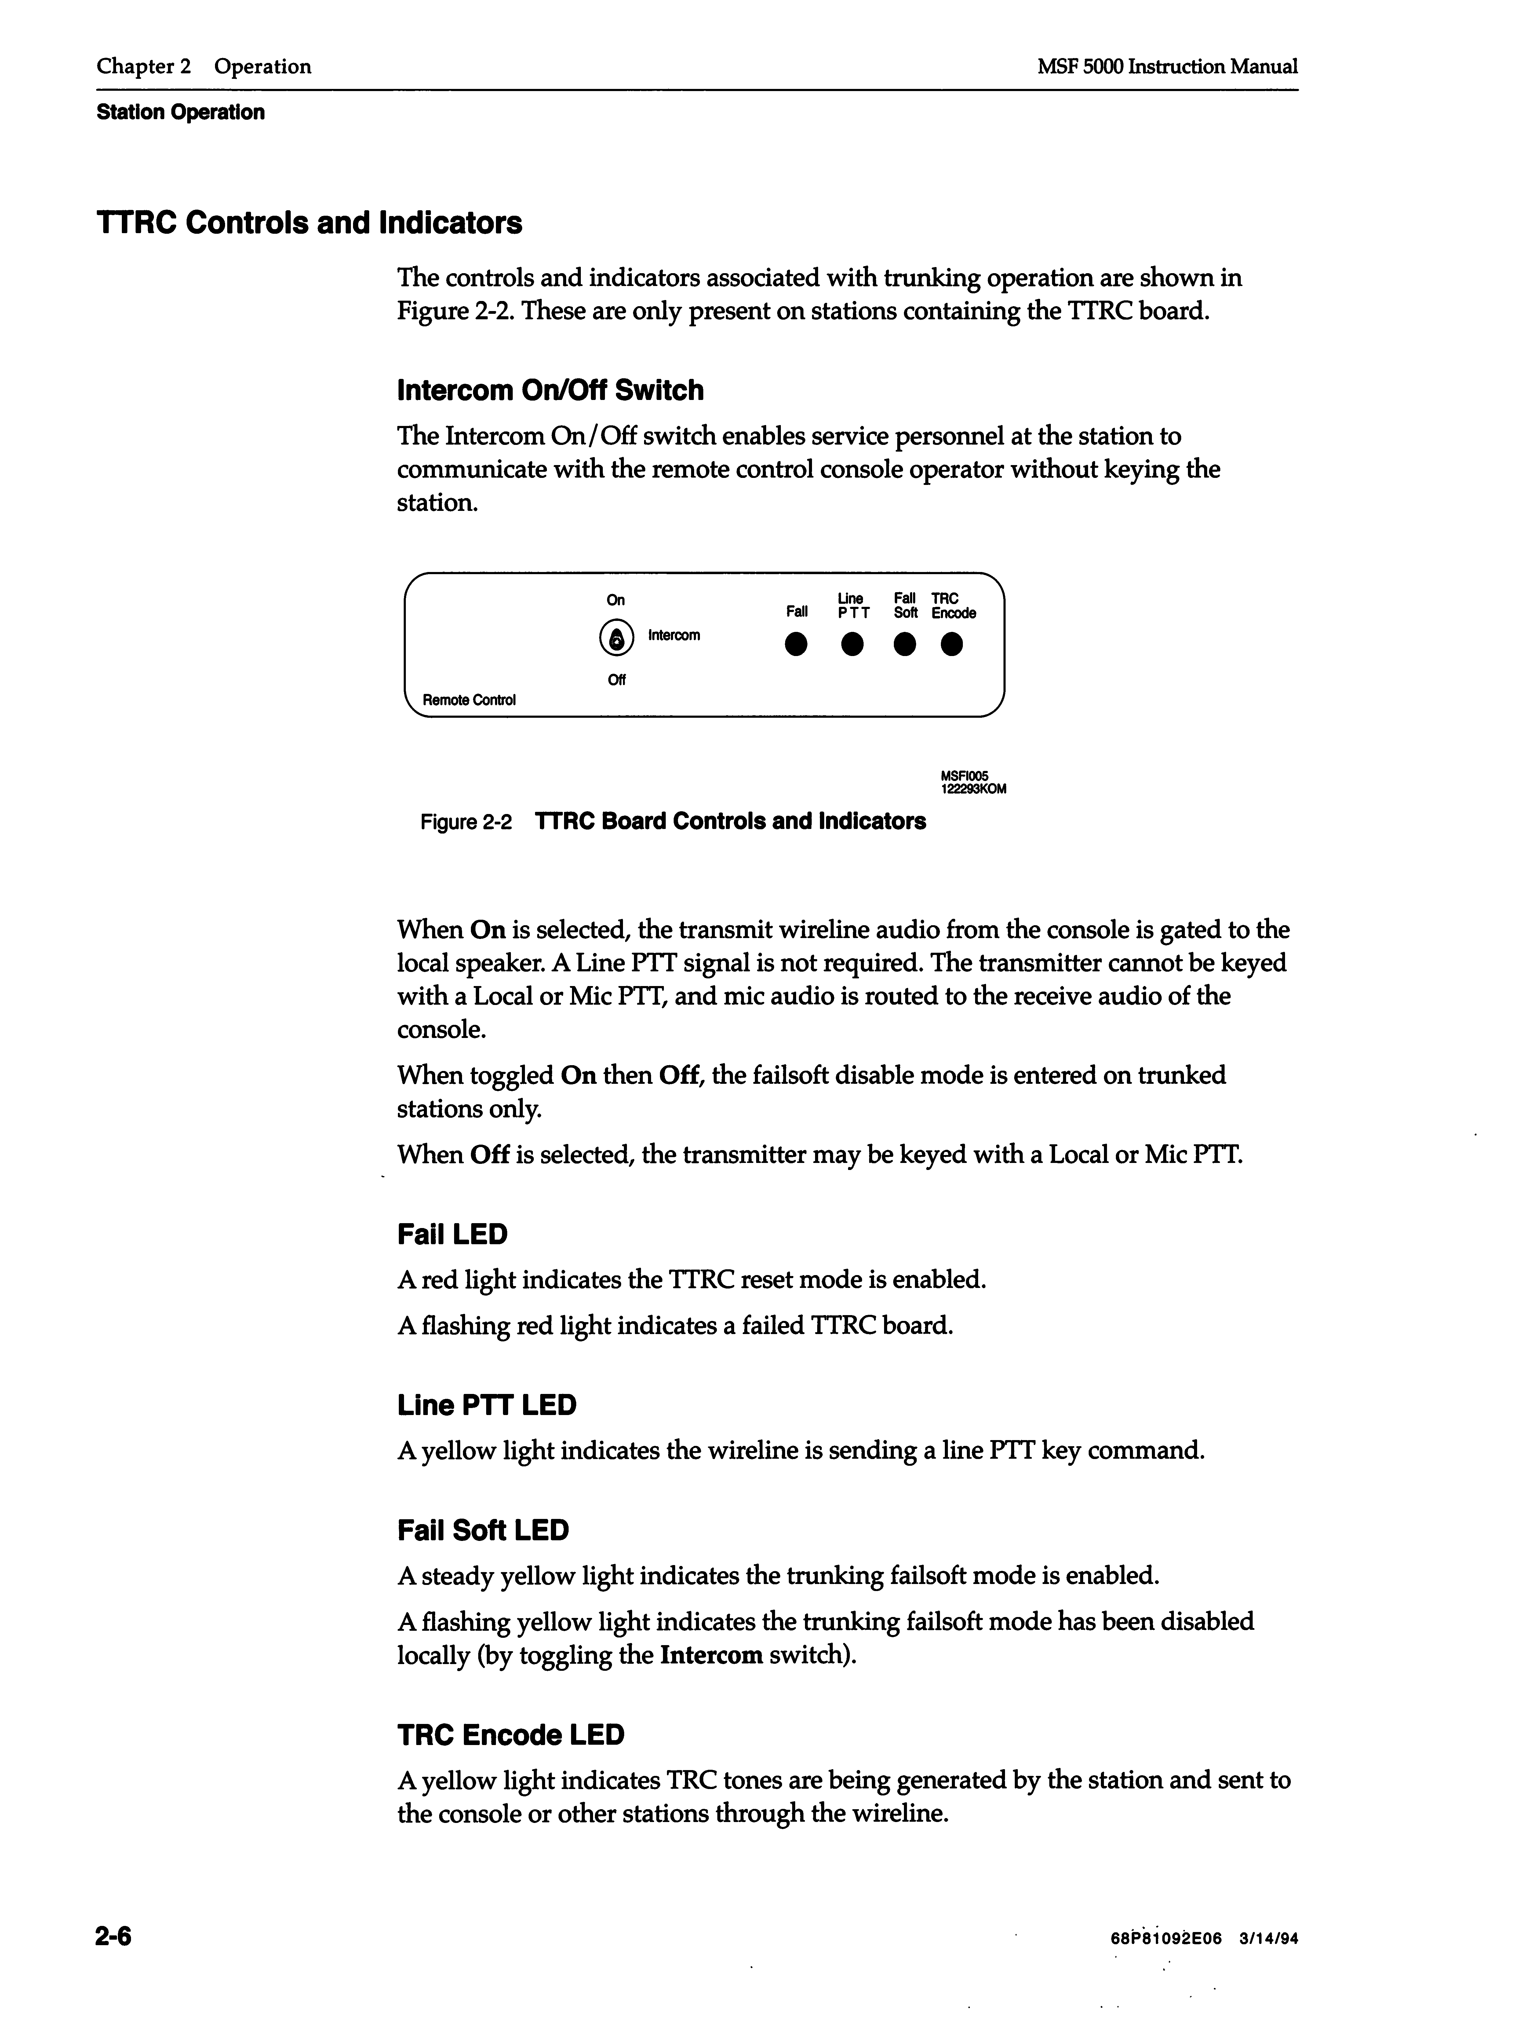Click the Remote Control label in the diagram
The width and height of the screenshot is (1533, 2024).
(468, 700)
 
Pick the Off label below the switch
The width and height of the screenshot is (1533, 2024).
(617, 680)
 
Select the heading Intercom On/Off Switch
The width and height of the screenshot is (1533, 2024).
(550, 391)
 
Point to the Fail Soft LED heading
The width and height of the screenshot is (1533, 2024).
(483, 1530)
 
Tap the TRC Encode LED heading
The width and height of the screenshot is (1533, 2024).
(510, 1735)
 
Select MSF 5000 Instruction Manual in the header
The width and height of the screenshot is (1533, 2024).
(1167, 67)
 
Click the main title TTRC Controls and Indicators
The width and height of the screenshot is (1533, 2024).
(309, 223)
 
